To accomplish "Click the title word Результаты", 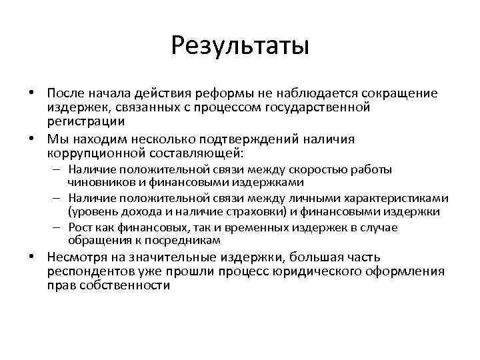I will click(x=239, y=46).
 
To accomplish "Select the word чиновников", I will click(x=99, y=182).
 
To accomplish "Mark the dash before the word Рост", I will click(x=58, y=228).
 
